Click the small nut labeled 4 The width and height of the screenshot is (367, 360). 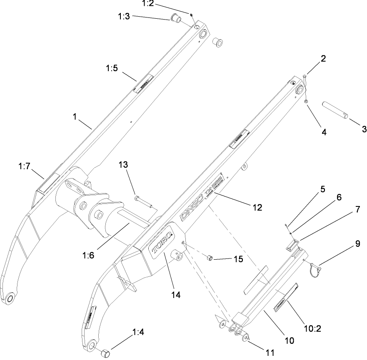coord(306,101)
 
